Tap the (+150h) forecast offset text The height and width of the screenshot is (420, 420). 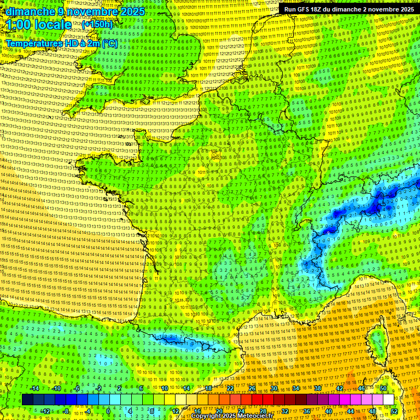97,24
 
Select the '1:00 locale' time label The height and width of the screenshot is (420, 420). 39,25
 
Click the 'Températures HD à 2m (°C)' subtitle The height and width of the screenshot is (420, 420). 61,43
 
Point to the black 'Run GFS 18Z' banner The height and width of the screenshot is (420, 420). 349,9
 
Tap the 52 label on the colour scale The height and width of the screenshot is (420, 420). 394,411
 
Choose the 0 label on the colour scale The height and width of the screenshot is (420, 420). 108,411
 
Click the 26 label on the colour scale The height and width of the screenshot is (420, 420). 252,388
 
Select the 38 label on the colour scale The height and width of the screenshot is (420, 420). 318,388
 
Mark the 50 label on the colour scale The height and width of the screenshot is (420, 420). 383,388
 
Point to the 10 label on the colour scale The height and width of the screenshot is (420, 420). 164,388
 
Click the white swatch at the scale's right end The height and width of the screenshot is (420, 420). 388,399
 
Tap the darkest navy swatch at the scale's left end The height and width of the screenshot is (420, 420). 27,399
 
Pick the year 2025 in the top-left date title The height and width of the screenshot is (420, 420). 133,11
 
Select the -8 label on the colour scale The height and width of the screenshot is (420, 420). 66,411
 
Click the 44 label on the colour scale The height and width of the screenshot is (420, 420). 351,411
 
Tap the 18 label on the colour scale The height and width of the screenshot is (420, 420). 208,388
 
